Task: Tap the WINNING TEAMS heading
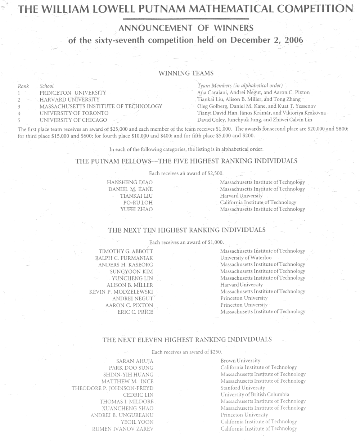[x=186, y=73]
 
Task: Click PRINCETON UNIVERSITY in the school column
[x=73, y=93]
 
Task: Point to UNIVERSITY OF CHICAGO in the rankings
[x=73, y=120]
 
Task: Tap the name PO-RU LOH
[x=138, y=203]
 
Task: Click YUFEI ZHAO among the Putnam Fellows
[x=136, y=210]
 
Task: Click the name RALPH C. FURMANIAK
[x=124, y=258]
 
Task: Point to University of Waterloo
[x=246, y=258]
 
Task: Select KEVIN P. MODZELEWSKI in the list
[x=121, y=292]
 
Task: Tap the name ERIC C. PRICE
[x=135, y=312]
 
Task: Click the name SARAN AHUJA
[x=135, y=361]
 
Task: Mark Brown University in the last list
[x=240, y=361]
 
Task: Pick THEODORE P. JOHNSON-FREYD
[x=112, y=388]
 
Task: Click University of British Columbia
[x=255, y=395]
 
